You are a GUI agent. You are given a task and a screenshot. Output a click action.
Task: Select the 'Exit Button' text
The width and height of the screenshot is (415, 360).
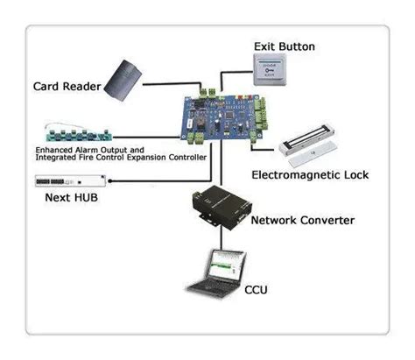285,46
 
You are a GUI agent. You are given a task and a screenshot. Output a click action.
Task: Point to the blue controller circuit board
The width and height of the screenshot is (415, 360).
220,119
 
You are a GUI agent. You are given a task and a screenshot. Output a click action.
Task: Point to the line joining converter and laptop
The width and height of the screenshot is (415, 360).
220,241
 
